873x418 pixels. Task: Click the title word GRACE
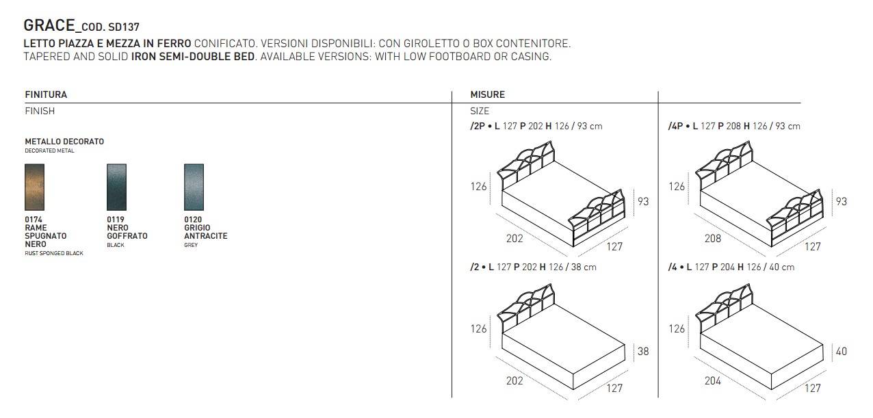49,25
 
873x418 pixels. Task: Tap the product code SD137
124,27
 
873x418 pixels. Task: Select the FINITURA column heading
46,94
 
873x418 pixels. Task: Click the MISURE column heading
488,94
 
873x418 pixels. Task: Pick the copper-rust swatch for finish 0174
34,187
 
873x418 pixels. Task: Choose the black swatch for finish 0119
116,187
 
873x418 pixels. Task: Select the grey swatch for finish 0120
194,187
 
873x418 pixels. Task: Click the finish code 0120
193,220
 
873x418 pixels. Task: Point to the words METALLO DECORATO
64,142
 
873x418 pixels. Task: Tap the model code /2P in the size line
477,126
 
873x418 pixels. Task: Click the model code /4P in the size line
675,126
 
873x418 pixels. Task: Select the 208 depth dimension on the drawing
712,238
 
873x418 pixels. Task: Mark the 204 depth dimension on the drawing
712,380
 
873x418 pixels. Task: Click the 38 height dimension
643,352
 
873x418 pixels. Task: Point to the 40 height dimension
841,352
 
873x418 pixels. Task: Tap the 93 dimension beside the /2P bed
643,201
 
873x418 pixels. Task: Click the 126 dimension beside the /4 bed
677,329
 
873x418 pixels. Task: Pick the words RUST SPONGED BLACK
54,253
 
